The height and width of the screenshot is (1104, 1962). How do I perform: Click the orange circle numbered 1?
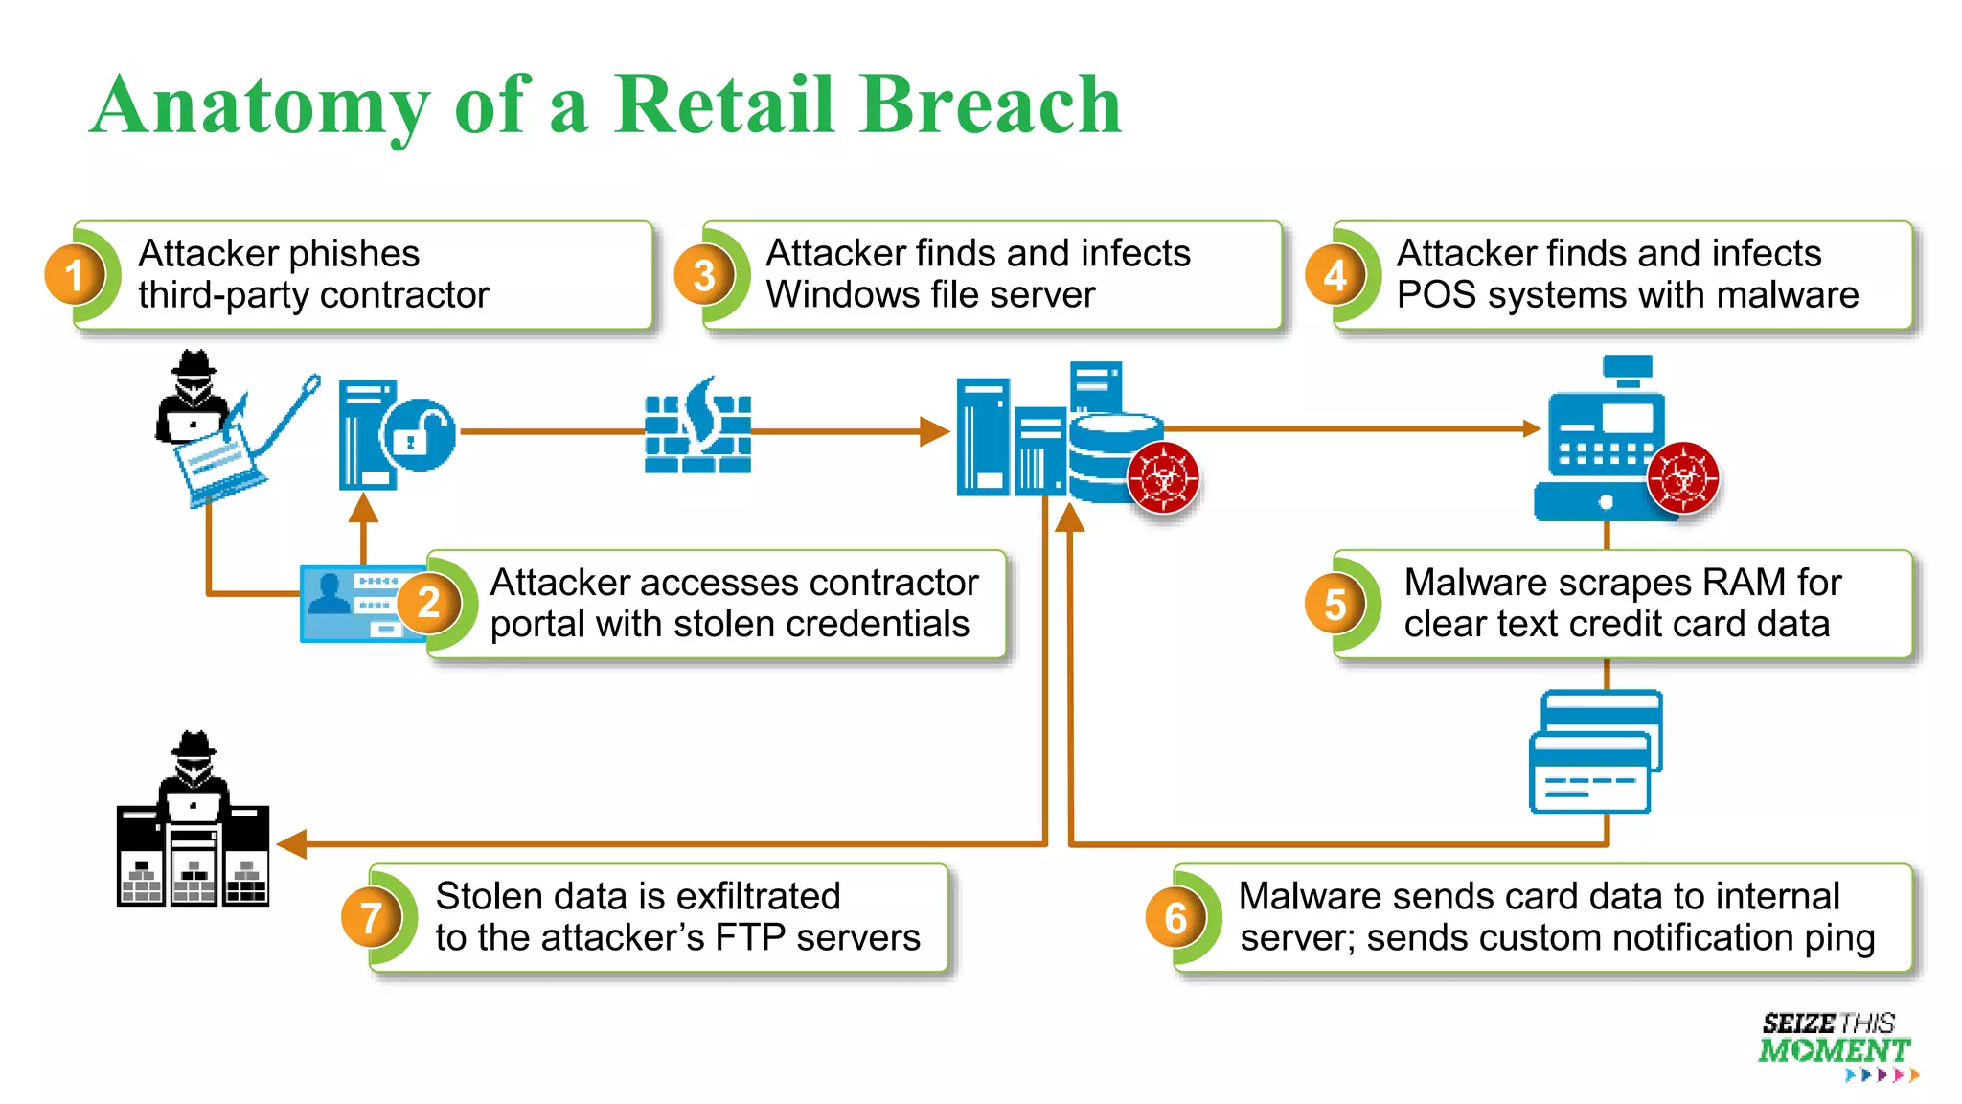[74, 275]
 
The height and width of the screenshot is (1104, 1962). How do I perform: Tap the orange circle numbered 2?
[428, 603]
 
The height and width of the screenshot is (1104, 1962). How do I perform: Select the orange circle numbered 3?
[704, 275]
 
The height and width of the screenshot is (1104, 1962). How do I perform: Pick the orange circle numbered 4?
[1335, 275]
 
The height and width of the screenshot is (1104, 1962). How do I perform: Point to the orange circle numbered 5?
[1335, 605]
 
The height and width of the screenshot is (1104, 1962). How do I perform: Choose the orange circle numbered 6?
[1175, 918]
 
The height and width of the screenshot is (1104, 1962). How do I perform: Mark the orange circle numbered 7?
[371, 918]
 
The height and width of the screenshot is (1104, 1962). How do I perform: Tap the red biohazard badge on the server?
[1163, 477]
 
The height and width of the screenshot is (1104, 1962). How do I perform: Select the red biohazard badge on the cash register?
[1683, 477]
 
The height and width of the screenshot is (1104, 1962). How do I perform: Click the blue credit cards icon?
[1594, 752]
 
